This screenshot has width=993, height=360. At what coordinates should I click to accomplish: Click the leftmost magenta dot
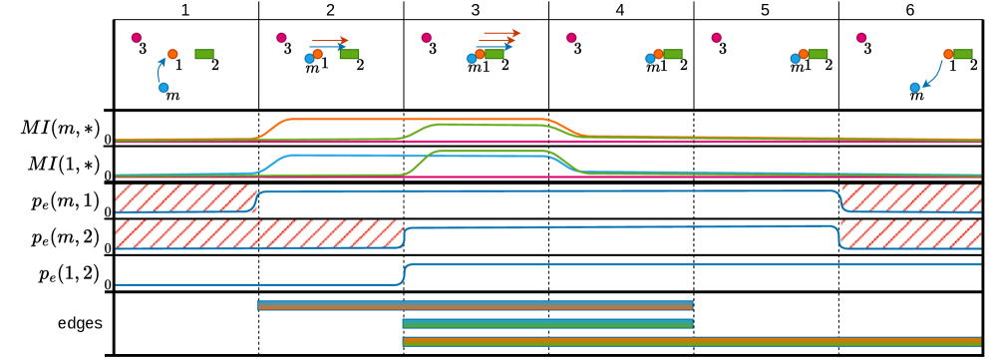point(136,38)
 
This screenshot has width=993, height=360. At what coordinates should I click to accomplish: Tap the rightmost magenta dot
point(861,38)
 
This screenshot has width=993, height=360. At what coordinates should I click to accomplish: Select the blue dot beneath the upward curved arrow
point(164,88)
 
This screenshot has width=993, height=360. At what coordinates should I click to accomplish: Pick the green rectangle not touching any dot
point(203,54)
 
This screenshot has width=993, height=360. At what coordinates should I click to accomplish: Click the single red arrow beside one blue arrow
point(329,41)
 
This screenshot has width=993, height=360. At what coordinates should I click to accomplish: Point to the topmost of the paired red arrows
point(501,33)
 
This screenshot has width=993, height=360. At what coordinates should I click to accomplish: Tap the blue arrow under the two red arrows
point(495,47)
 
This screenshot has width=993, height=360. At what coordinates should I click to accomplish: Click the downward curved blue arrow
point(934,76)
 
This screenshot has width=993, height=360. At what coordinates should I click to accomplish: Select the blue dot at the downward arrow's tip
point(914,88)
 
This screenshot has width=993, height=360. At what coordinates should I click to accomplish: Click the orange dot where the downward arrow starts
point(948,54)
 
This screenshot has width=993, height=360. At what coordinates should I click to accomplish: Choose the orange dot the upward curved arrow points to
point(172,54)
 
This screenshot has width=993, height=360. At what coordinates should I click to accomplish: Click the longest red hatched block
point(258,233)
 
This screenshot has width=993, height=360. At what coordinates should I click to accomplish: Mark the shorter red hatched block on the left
point(185,196)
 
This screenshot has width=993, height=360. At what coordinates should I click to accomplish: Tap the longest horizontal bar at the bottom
point(691,341)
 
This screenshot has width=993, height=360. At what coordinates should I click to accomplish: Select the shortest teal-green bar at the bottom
point(547,323)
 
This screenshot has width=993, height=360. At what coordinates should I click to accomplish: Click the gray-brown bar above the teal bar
point(475,305)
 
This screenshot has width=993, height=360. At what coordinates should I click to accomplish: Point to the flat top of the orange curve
point(419,119)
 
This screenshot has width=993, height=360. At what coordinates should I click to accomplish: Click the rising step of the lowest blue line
point(405,272)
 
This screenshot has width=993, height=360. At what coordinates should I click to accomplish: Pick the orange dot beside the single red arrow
point(317,54)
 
